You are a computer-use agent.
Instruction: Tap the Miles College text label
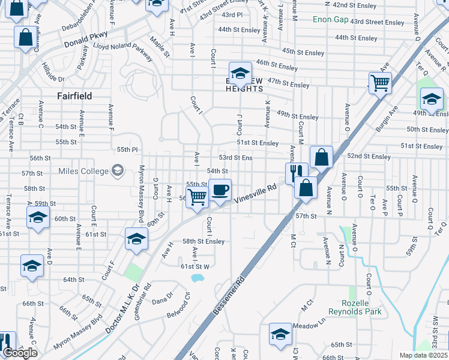tap(83, 171)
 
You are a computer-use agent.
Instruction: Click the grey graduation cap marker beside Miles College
tap(118, 171)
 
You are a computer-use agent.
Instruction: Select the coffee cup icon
tap(220, 190)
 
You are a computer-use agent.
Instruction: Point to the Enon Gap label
tap(331, 20)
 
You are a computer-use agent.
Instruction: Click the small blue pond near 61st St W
tap(197, 278)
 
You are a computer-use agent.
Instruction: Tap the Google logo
tap(20, 353)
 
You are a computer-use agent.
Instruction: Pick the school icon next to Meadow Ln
tap(280, 335)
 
